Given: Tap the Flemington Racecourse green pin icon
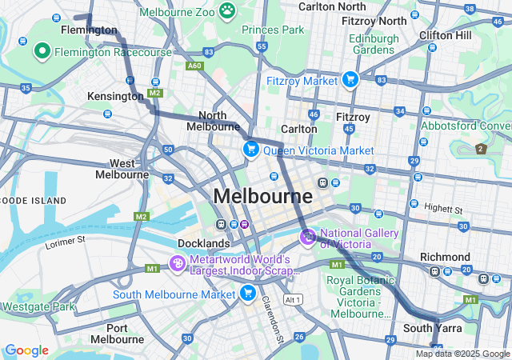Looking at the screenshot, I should click(42, 52).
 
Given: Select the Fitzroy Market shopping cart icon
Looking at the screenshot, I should click(350, 80).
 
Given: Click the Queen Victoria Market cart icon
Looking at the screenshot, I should click(251, 150).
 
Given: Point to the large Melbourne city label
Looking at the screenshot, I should click(262, 196).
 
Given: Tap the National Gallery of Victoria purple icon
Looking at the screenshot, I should click(308, 237).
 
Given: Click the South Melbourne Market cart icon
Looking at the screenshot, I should click(248, 294).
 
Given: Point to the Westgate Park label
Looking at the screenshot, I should click(38, 306).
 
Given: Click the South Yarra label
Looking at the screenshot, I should click(429, 328).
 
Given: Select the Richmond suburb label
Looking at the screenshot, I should click(445, 257).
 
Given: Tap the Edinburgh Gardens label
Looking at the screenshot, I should click(373, 44).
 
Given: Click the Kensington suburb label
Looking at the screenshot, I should click(115, 96).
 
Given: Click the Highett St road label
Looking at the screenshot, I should click(444, 209).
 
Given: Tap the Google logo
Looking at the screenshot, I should click(26, 350).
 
